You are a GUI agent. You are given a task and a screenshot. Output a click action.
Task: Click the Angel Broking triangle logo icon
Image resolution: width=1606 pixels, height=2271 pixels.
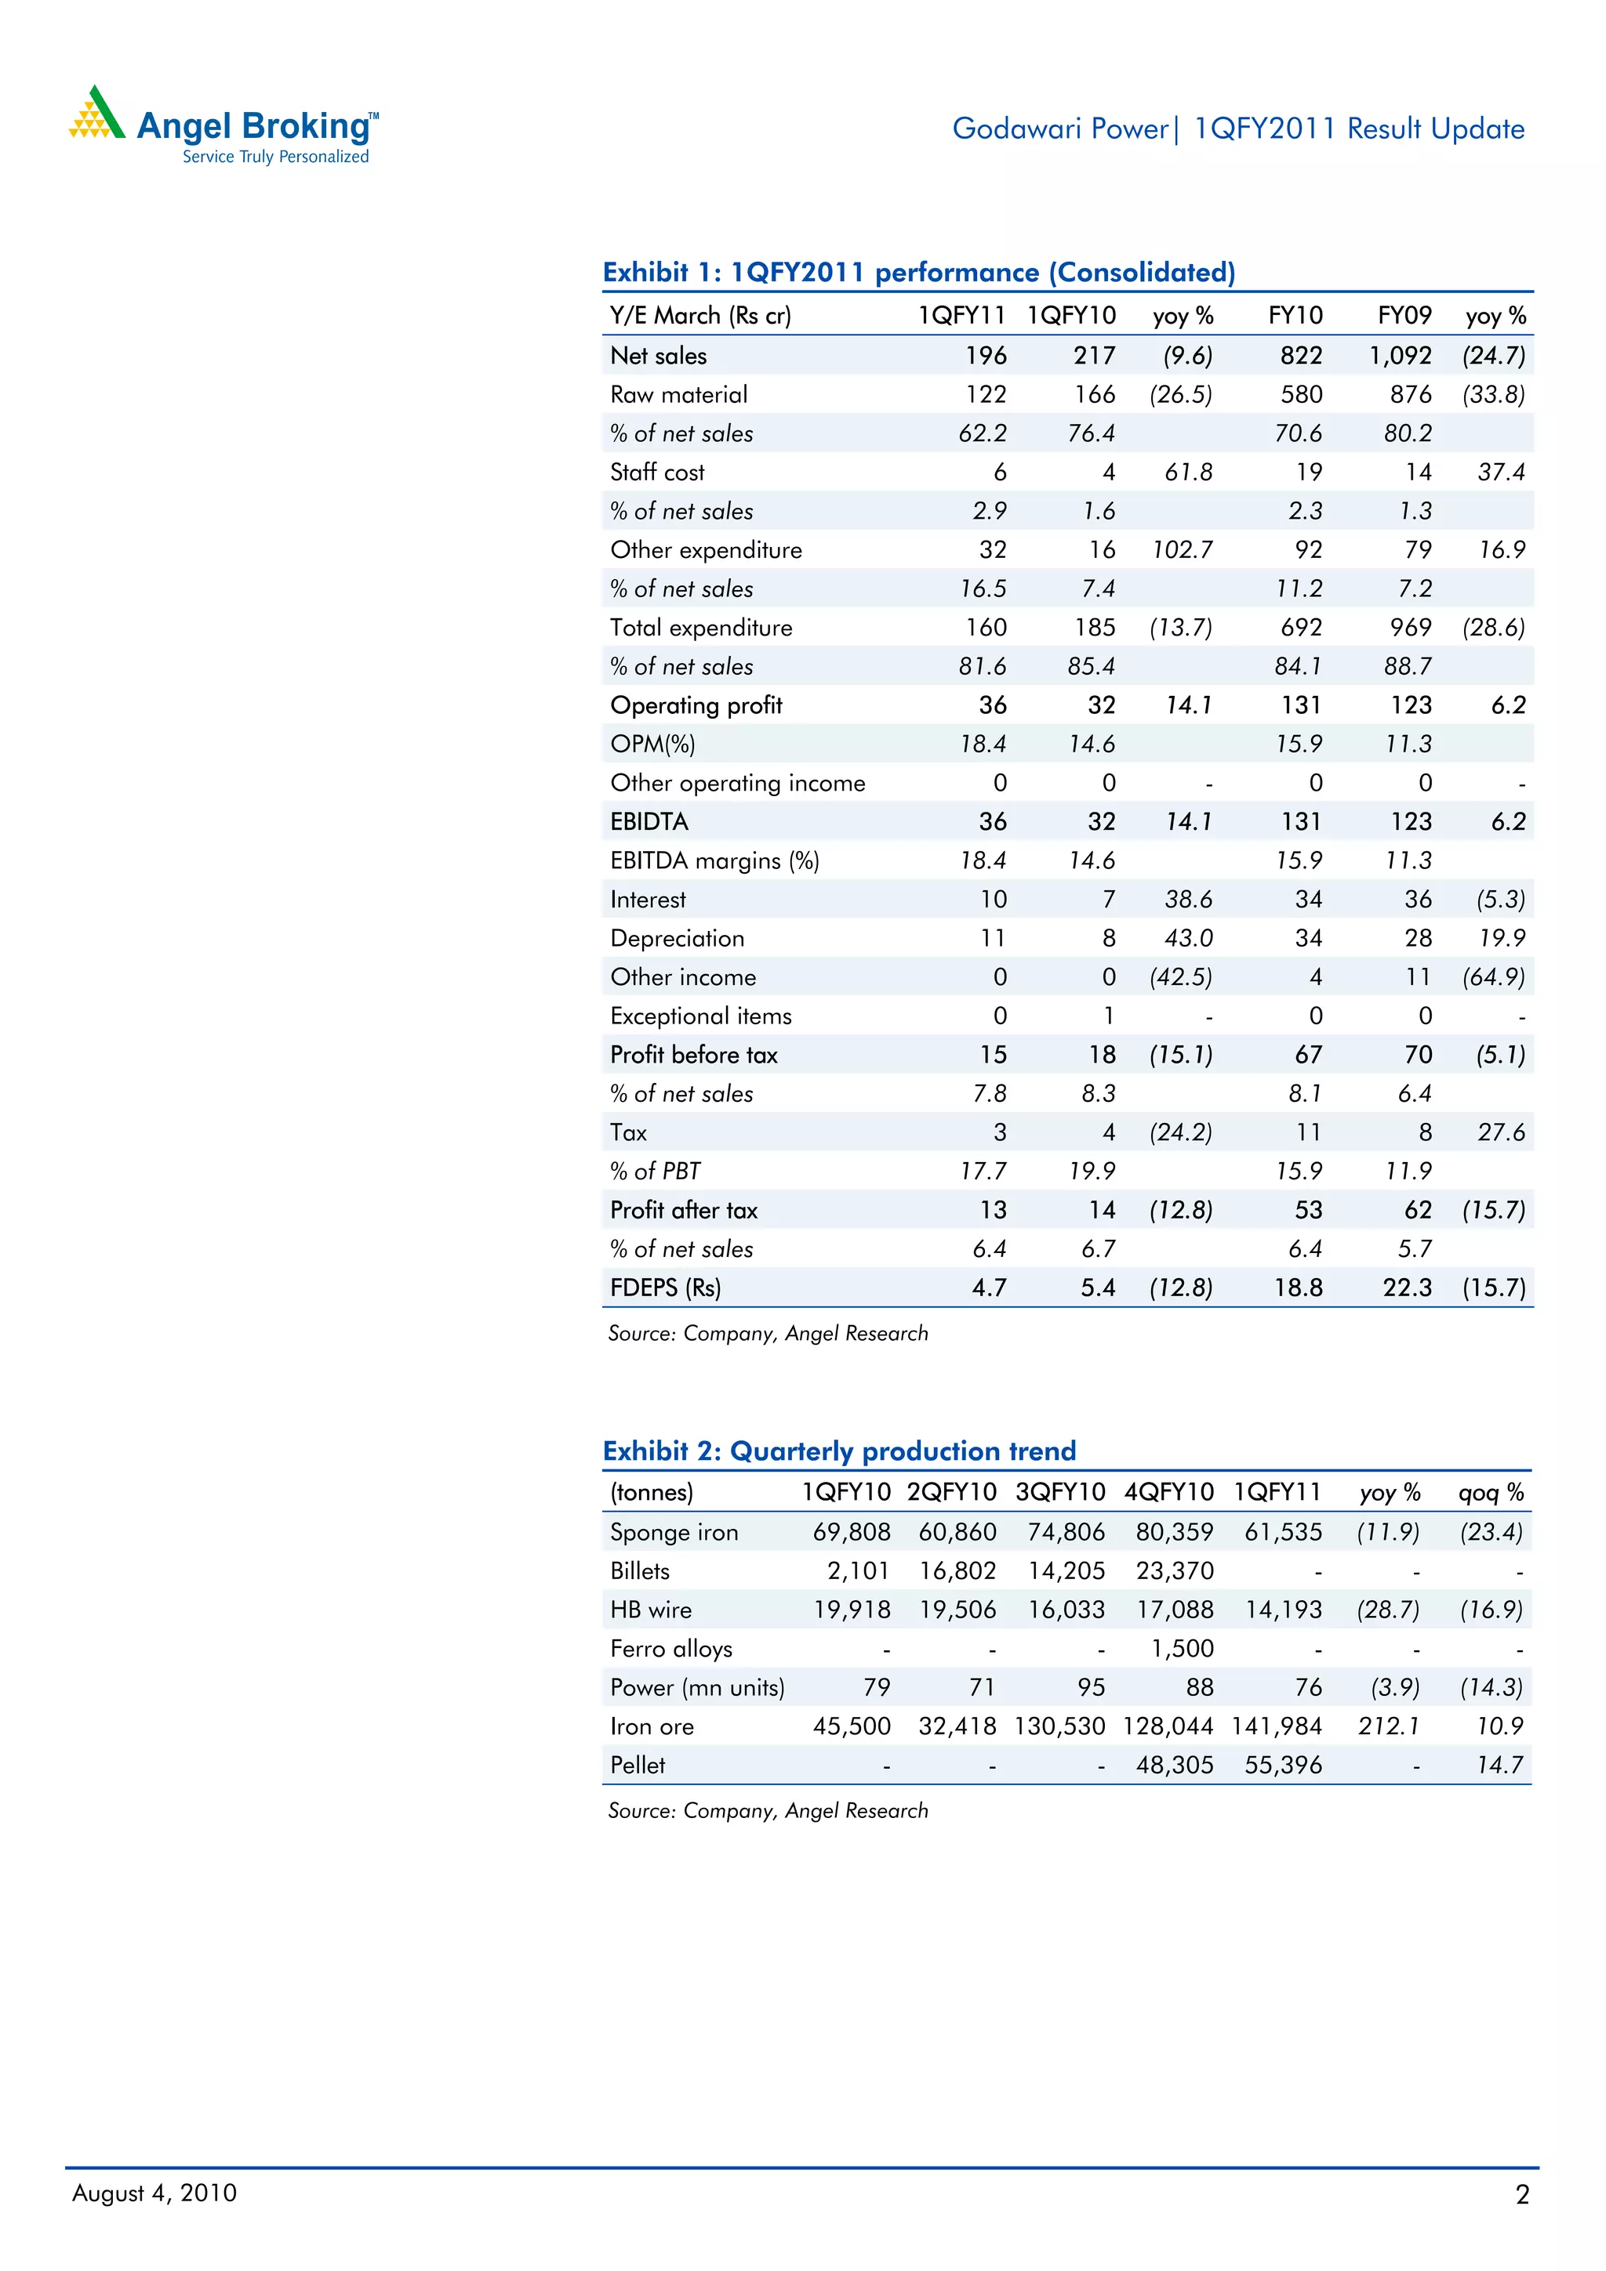pos(96,114)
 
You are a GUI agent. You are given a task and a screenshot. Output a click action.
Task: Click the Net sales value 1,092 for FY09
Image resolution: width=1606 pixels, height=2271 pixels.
pos(1401,355)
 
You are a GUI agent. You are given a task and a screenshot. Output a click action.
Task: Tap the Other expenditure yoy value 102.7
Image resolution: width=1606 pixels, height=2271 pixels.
pos(1183,550)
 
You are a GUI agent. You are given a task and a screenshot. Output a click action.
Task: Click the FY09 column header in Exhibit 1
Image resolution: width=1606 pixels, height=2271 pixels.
pos(1404,316)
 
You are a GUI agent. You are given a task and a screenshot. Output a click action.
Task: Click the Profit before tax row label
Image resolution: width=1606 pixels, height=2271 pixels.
pos(694,1056)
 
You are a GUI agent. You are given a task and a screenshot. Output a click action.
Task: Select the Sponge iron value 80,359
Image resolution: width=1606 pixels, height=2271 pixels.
pos(1175,1532)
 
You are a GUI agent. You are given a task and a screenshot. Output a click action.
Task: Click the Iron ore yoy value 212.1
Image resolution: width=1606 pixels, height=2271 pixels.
pos(1388,1726)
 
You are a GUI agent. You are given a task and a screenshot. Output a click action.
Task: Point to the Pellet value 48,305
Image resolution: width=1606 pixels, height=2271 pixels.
pos(1175,1765)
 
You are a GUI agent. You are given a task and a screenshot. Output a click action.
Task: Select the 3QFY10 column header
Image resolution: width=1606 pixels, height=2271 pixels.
pos(1059,1493)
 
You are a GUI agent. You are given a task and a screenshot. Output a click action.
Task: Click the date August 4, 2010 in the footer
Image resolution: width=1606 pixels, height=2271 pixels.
pos(154,2193)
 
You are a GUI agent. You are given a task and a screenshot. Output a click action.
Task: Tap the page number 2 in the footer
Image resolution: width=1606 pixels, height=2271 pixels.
pos(1522,2195)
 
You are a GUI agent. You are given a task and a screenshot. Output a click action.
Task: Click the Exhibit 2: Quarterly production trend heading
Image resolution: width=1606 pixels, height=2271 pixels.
pos(839,1451)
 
